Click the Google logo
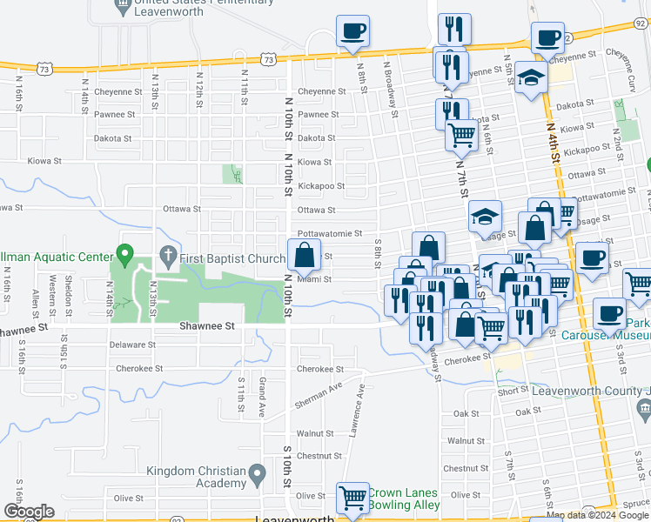coord(28,512)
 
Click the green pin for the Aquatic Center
coord(124,256)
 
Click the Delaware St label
coord(132,345)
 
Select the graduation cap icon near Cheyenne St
coord(530,77)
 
